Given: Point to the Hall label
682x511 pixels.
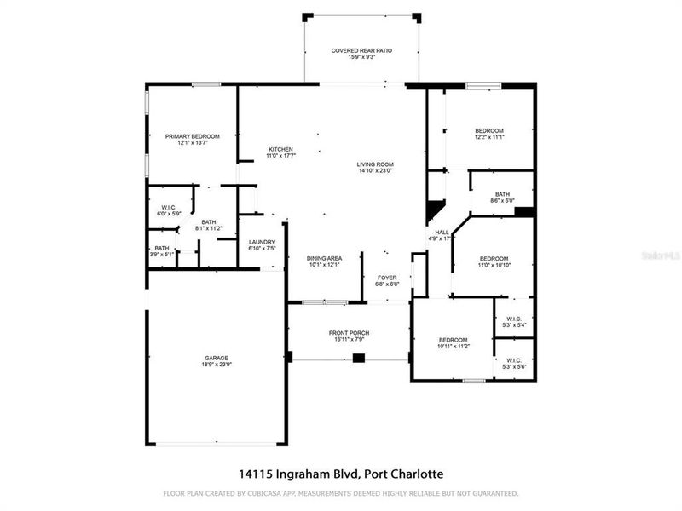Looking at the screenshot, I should pos(442,232).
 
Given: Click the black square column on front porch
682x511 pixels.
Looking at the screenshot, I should pos(358,358).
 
